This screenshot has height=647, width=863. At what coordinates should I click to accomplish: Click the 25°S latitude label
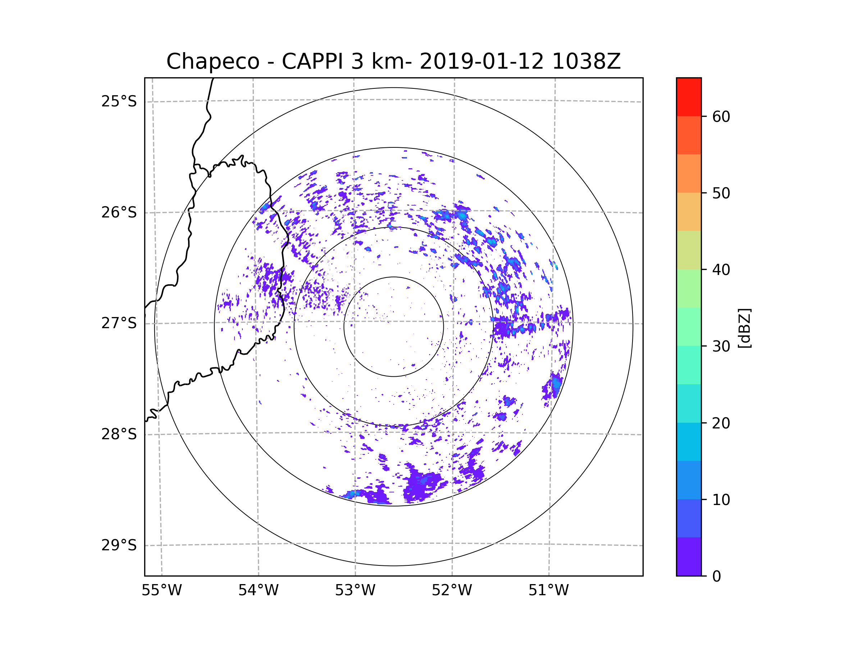119,101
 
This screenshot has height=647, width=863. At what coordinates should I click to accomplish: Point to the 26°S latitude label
119,212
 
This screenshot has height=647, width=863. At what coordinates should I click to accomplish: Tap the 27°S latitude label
119,323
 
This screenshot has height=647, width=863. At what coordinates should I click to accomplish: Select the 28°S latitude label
119,434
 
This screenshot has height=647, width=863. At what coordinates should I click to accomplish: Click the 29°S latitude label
119,545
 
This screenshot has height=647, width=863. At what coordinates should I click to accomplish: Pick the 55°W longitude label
161,591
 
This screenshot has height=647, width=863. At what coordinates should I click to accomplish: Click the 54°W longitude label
258,591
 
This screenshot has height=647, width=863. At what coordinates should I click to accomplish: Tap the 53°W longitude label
355,591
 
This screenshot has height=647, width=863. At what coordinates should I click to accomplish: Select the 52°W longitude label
452,591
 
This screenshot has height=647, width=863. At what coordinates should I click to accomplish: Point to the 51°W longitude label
548,591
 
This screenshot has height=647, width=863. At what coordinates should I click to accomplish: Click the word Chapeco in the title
213,61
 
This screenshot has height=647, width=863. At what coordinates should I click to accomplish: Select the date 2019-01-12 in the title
481,61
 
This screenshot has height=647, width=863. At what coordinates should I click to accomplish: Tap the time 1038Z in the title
586,61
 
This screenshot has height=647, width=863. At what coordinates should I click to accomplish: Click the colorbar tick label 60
721,116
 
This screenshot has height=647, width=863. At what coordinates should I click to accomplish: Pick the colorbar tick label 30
721,346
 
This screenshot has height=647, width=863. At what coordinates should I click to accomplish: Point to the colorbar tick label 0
717,577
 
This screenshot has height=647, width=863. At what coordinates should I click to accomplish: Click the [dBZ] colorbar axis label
744,328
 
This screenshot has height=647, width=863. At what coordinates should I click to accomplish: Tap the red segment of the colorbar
689,97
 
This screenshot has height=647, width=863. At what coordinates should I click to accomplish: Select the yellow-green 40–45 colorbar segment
689,250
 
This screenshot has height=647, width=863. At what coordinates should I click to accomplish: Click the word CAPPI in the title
312,61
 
